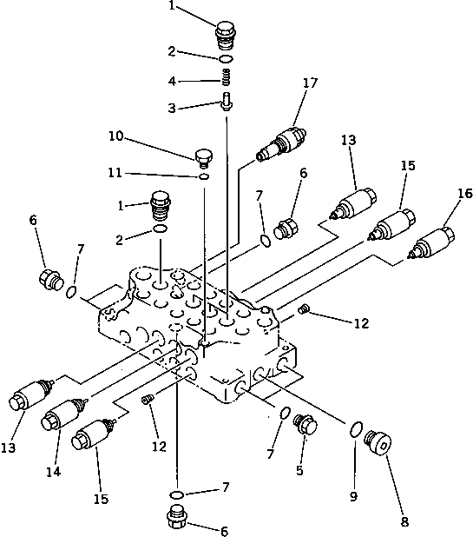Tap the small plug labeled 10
click(205, 156)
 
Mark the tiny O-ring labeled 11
click(202, 176)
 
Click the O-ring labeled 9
click(356, 428)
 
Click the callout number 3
click(173, 109)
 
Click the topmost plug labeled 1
click(226, 37)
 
